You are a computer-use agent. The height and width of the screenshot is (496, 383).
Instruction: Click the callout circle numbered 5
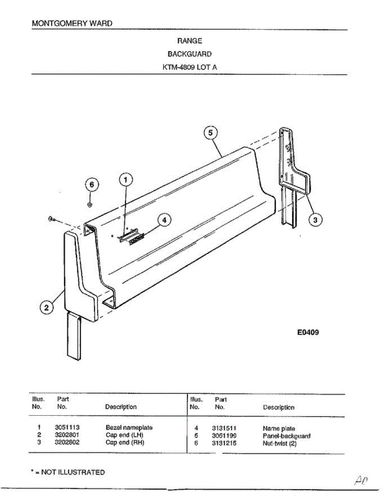(x=211, y=133)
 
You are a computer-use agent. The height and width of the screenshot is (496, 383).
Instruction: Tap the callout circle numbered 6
(x=92, y=185)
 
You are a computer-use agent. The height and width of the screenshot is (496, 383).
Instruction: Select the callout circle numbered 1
(x=126, y=179)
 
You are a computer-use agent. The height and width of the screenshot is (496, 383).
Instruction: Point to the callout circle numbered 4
(x=164, y=220)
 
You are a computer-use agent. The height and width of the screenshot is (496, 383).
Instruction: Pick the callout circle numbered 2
(x=47, y=308)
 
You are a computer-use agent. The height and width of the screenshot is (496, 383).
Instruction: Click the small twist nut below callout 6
(x=90, y=205)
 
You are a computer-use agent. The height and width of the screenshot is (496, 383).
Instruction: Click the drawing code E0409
(x=308, y=332)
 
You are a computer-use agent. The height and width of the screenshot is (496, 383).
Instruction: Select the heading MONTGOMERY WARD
(x=72, y=23)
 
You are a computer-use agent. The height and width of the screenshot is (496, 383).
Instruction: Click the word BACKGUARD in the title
(x=190, y=54)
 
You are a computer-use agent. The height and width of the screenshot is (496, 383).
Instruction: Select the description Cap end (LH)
(x=124, y=435)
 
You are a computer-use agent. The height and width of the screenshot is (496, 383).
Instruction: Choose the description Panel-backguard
(x=286, y=436)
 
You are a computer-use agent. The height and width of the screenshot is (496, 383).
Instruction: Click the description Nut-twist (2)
(x=280, y=444)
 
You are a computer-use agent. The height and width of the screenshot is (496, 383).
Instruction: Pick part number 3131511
(x=224, y=428)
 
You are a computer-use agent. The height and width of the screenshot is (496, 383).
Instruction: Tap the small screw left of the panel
(x=50, y=219)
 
